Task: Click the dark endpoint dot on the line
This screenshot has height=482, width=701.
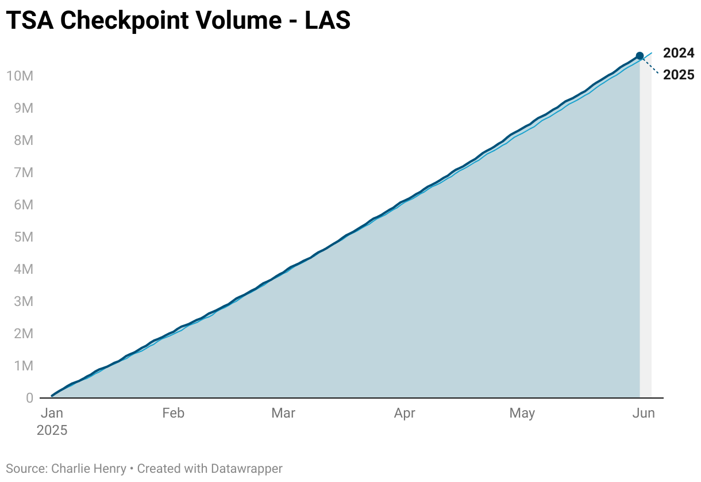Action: [x=640, y=56]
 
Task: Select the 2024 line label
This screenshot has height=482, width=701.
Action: [x=679, y=53]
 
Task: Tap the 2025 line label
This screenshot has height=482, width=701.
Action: [x=679, y=75]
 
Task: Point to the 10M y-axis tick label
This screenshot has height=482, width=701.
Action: [x=20, y=76]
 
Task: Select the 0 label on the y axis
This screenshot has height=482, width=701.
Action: [x=29, y=398]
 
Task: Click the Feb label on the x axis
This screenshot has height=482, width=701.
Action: [x=173, y=414]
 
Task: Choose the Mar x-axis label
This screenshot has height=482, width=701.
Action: [x=283, y=414]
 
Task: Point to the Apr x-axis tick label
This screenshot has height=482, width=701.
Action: [x=405, y=414]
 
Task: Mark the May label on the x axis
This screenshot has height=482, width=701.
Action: [x=522, y=414]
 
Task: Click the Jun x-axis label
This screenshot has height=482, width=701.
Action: [x=644, y=414]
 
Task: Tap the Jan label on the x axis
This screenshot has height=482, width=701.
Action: [x=52, y=414]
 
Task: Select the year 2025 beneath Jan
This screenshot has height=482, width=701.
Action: [x=52, y=430]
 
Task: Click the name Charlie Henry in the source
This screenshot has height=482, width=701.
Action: [x=88, y=469]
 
